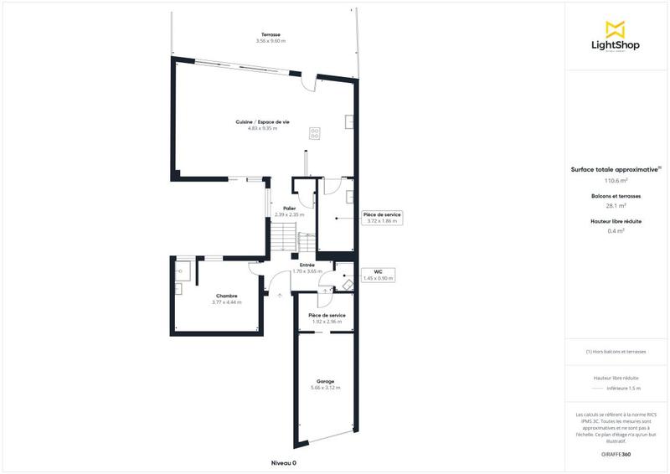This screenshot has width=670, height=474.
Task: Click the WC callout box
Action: (x=378, y=275)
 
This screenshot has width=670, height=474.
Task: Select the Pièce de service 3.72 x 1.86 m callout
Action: (x=382, y=218)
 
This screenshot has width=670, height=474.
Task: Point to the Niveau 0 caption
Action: (x=284, y=463)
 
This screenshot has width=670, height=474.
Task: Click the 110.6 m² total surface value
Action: (x=616, y=180)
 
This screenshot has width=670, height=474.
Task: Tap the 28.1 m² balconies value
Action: (x=616, y=205)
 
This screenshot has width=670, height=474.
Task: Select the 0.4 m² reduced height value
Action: (x=616, y=230)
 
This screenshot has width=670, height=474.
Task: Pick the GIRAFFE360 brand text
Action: (x=616, y=454)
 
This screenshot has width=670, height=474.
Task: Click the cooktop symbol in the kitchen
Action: (x=315, y=132)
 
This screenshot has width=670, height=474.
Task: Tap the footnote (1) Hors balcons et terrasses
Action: (x=616, y=352)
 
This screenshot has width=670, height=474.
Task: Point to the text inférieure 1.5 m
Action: (x=623, y=389)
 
